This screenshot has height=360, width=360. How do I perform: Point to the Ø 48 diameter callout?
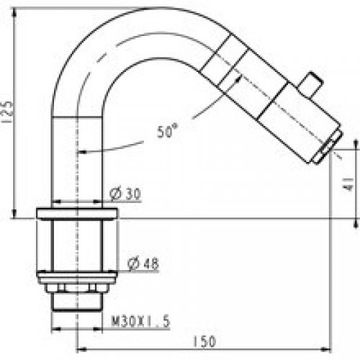click(x=143, y=265)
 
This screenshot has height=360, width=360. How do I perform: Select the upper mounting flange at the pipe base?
click(x=76, y=214)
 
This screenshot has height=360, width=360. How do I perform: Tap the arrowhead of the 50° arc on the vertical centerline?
click(x=81, y=152)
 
